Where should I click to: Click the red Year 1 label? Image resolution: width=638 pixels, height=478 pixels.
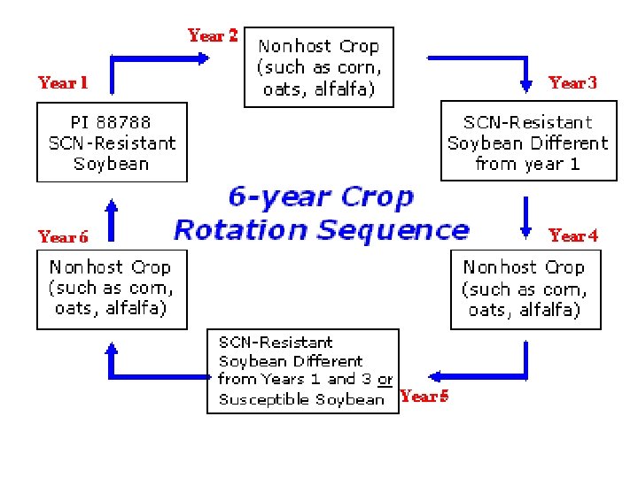tap(63, 83)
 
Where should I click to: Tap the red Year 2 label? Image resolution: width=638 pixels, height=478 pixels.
tap(213, 36)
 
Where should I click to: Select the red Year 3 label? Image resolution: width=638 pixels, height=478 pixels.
tap(572, 83)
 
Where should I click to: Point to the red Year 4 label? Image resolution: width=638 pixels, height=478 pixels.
tap(573, 235)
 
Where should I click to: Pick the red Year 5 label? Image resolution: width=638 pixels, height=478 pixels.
tap(424, 397)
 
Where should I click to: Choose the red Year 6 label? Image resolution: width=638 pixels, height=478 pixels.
tap(63, 237)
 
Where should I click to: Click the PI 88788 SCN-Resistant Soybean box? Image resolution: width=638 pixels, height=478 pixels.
tap(112, 143)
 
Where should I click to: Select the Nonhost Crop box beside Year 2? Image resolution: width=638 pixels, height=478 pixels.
tap(318, 66)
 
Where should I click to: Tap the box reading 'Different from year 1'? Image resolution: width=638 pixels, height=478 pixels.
tap(528, 143)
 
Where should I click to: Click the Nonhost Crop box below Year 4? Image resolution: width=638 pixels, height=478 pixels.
tap(525, 289)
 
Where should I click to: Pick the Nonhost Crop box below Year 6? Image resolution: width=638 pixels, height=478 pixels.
tap(112, 289)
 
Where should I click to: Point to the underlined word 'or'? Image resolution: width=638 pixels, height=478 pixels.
tap(385, 380)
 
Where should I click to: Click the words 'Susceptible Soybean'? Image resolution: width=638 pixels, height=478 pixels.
tap(301, 399)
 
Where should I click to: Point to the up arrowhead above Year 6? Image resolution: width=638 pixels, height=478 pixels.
tap(112, 205)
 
